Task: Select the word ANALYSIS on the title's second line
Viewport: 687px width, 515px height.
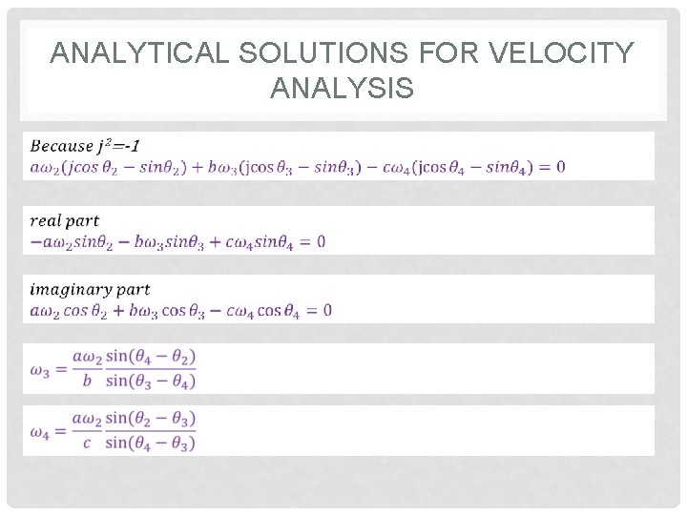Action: point(343,89)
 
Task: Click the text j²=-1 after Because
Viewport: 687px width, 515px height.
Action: point(117,146)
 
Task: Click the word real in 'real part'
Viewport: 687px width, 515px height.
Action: point(47,221)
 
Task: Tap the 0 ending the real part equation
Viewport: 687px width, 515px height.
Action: point(321,242)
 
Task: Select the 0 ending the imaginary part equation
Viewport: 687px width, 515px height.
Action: point(327,310)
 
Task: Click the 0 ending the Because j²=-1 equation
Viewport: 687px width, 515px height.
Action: point(560,167)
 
